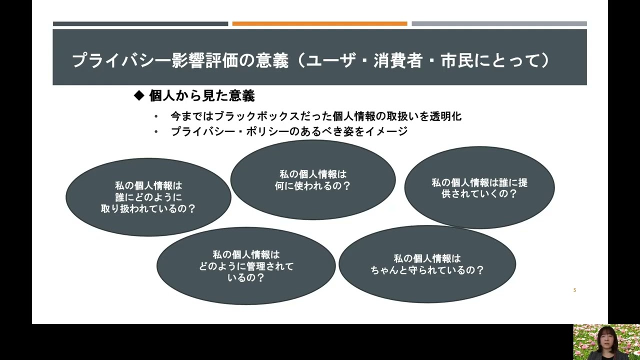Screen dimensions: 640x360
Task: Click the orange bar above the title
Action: pyautogui.click(x=319, y=23)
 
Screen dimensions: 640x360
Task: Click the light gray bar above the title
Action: pyautogui.click(x=499, y=23)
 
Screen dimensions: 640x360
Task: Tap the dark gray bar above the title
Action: pyautogui.click(x=140, y=23)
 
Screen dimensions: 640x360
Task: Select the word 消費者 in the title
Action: pyautogui.click(x=398, y=60)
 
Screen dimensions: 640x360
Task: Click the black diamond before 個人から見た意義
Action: pyautogui.click(x=139, y=95)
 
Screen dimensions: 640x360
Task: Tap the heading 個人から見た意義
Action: pyautogui.click(x=202, y=95)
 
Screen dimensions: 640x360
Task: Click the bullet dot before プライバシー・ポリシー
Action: pyautogui.click(x=156, y=131)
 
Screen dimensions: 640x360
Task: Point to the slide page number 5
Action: pyautogui.click(x=574, y=290)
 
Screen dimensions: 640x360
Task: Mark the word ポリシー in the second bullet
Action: pyautogui.click(x=267, y=131)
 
